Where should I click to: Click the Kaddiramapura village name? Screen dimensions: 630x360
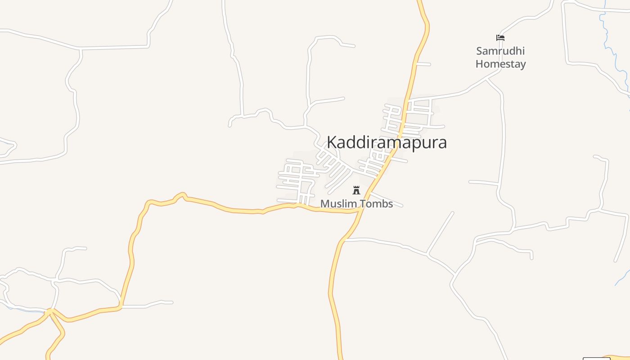click(387, 142)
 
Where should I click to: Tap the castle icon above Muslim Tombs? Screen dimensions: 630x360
click(356, 190)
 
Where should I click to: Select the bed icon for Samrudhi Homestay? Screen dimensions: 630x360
click(500, 38)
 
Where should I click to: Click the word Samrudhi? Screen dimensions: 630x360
click(500, 51)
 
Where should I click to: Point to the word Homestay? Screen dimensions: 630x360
click(500, 64)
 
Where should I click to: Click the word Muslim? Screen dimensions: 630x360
click(336, 204)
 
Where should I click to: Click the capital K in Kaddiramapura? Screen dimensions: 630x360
click(332, 142)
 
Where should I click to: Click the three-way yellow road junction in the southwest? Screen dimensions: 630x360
click(49, 311)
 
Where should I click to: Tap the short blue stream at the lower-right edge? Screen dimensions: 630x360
click(622, 278)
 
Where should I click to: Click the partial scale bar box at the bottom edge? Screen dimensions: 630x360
click(596, 358)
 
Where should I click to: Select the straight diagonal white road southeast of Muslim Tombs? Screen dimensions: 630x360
click(440, 233)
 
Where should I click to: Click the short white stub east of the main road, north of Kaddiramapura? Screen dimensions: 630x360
click(423, 64)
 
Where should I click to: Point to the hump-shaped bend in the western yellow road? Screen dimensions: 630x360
click(180, 195)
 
